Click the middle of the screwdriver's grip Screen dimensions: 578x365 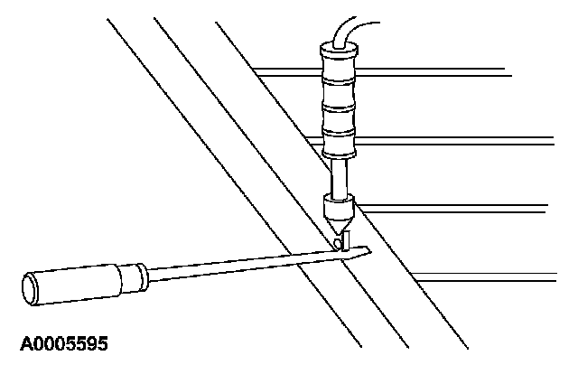pos(77,282)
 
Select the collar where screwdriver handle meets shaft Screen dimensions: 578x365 pos(138,271)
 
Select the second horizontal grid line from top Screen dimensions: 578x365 pos(470,137)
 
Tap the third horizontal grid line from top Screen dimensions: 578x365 pos(479,207)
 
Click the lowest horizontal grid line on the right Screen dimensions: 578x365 pos(497,274)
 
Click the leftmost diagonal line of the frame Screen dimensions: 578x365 pos(208,163)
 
